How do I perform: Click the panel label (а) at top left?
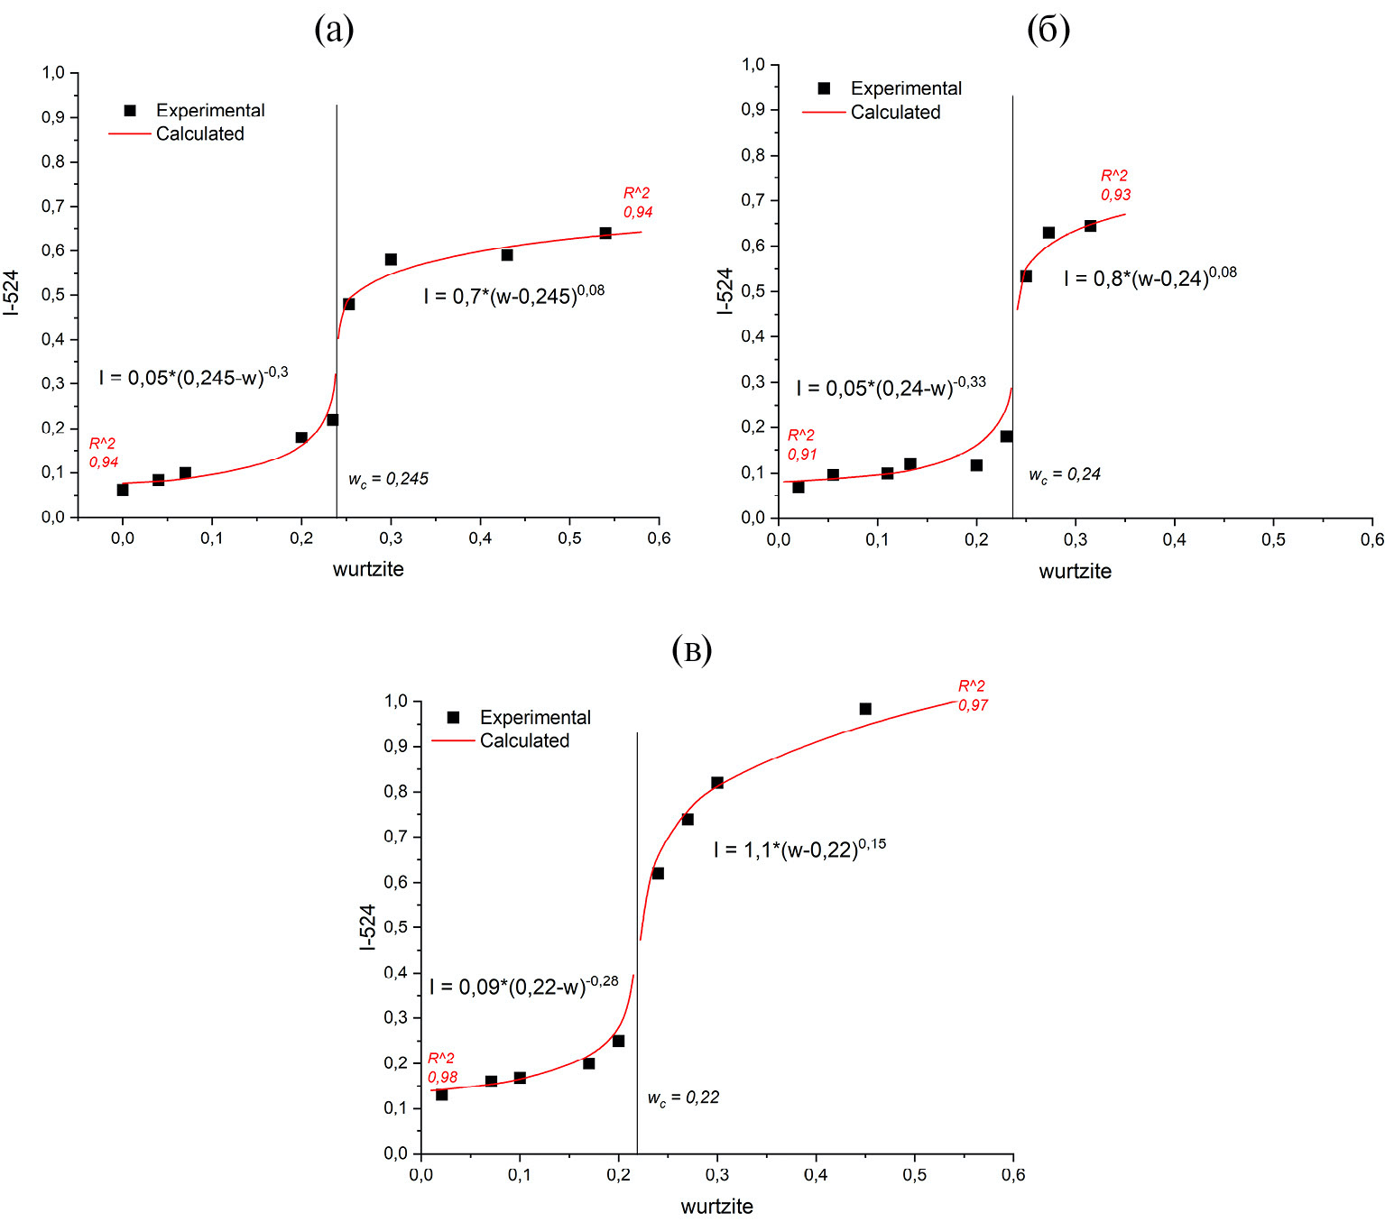click(334, 31)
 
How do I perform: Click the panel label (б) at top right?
click(1048, 31)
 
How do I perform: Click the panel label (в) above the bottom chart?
click(692, 650)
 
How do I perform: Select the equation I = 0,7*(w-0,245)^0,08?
click(514, 295)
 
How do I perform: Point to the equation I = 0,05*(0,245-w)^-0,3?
click(193, 376)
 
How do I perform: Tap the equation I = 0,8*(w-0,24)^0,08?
click(1150, 278)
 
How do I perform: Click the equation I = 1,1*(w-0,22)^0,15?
click(799, 849)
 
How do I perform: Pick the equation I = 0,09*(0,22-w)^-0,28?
click(523, 986)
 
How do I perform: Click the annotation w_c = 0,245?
click(388, 480)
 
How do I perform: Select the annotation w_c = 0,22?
click(683, 1098)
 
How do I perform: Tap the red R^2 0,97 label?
click(973, 695)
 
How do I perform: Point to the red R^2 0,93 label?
click(1115, 185)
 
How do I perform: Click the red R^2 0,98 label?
click(442, 1068)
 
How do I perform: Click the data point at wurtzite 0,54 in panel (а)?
click(605, 234)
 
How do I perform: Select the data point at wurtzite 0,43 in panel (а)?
click(507, 255)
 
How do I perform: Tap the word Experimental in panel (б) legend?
click(906, 88)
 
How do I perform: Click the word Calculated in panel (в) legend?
click(524, 740)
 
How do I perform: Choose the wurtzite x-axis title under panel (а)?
click(368, 569)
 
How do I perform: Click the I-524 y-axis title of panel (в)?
click(366, 927)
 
